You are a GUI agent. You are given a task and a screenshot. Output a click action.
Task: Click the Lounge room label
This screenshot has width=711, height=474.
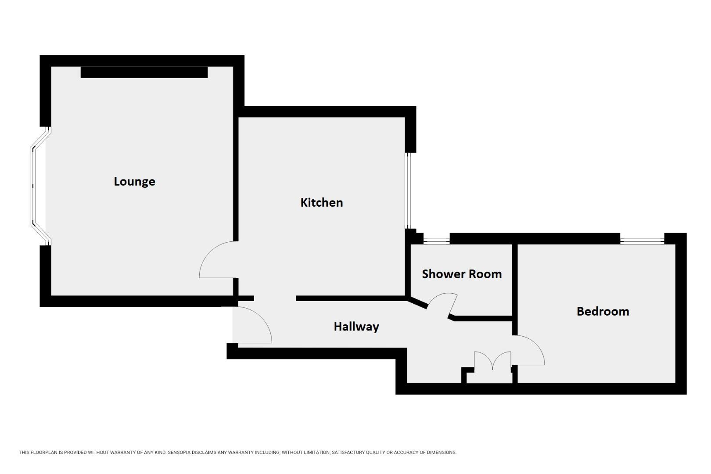[x=134, y=181]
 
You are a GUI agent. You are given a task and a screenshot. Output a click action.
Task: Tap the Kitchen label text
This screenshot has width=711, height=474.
[x=321, y=202]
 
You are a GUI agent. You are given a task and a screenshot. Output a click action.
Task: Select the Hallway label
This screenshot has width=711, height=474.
[x=356, y=327]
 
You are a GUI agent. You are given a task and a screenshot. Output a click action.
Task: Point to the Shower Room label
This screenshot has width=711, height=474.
[x=462, y=274]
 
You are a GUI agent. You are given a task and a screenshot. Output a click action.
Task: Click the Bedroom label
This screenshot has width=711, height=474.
[x=603, y=311]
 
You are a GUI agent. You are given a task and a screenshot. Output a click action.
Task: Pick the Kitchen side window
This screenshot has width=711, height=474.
[x=408, y=190]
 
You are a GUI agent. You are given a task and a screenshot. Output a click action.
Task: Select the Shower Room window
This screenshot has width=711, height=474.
[x=436, y=240]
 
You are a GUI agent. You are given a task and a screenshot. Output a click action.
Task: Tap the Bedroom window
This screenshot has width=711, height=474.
[x=642, y=240]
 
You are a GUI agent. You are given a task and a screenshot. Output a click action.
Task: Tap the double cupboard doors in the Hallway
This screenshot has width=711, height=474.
[x=492, y=361]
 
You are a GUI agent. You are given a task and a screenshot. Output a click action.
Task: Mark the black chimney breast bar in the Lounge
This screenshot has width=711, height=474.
[x=144, y=72]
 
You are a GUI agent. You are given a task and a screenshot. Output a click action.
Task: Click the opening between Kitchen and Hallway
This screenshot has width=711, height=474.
[x=275, y=298]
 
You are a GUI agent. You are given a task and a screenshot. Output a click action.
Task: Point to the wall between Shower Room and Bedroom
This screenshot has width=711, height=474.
[x=515, y=281]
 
